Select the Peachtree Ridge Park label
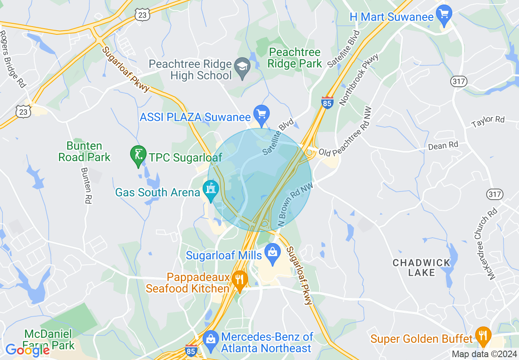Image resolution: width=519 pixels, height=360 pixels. (295, 58)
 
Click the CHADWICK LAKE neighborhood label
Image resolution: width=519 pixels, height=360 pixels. (422, 267)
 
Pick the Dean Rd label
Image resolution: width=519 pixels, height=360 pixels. (443, 145)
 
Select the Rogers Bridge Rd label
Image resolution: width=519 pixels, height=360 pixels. (13, 59)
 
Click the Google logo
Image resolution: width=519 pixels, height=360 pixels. (27, 350)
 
